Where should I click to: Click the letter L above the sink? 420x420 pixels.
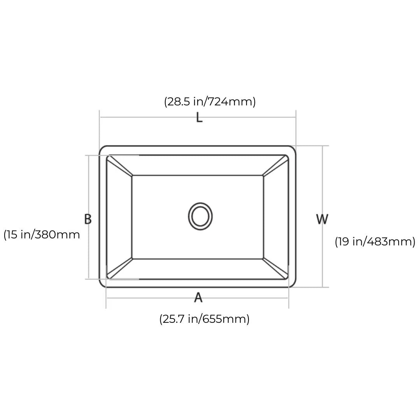click(x=199, y=117)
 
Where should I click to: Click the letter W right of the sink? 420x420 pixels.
click(x=322, y=219)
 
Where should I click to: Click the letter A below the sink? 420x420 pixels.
click(x=198, y=297)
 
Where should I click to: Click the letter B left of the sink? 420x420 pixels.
click(x=88, y=219)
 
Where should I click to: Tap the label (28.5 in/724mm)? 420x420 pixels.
click(x=210, y=102)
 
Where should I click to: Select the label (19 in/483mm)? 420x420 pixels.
click(x=375, y=242)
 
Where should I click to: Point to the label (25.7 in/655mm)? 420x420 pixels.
click(x=205, y=319)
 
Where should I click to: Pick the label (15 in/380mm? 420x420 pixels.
click(x=42, y=235)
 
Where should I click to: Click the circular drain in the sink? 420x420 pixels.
click(x=200, y=216)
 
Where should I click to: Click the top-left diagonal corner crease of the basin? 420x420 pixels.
click(x=120, y=166)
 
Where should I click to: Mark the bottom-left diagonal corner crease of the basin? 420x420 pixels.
click(x=120, y=268)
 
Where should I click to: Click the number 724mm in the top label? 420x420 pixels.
click(x=229, y=102)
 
